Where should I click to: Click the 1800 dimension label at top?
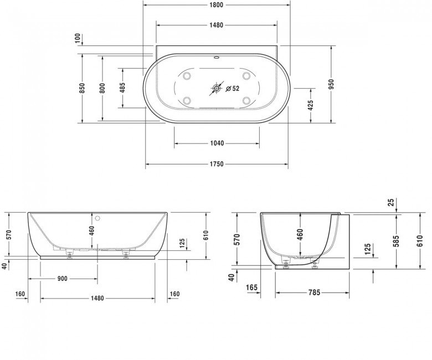click(x=216, y=4)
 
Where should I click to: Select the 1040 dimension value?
click(x=217, y=143)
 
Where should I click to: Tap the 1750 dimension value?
click(x=217, y=164)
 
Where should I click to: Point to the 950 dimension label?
click(x=331, y=84)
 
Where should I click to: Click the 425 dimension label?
click(x=310, y=105)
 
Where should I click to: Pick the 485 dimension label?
click(x=122, y=88)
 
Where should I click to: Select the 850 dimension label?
click(x=82, y=88)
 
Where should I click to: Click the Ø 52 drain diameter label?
click(x=233, y=89)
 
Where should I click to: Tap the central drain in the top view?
click(x=217, y=88)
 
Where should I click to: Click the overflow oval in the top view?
click(x=216, y=58)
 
